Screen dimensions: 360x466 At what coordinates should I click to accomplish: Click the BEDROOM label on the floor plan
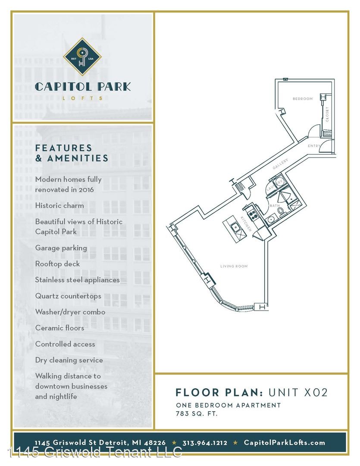coord(302,99)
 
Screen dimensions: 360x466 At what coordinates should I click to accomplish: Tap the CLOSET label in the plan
coord(327,114)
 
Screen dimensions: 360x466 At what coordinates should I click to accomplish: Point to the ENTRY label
coord(314,146)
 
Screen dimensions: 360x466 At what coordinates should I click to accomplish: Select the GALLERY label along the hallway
coord(280,164)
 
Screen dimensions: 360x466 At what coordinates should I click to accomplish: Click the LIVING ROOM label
coord(234,266)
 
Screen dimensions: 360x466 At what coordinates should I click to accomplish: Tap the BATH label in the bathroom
coord(275,206)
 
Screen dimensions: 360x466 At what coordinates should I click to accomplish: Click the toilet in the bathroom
coord(281,211)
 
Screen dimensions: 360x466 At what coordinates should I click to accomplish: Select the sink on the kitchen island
coord(235,227)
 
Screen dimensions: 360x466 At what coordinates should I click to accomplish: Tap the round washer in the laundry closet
coord(279,182)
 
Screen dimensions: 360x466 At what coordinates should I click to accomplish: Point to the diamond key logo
coord(82,57)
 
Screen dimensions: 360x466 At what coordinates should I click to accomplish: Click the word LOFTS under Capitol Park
coord(83,98)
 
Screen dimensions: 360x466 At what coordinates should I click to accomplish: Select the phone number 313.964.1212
coord(205,443)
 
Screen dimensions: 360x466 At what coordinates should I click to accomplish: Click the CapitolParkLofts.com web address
coord(284,443)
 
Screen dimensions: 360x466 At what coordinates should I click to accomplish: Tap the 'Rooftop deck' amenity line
coord(57,264)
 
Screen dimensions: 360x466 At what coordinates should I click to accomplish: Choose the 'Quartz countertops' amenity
coord(68,296)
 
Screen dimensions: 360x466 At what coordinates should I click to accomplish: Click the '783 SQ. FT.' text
coord(197,413)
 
